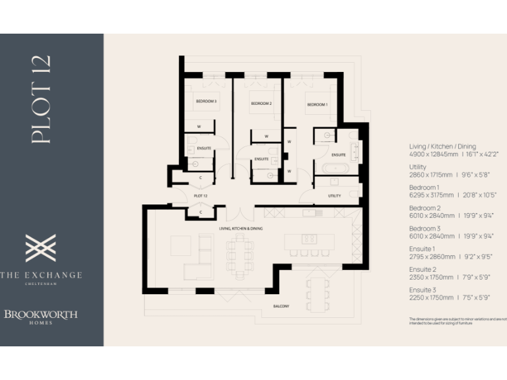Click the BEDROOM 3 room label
tap(205, 101)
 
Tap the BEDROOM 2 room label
tap(261, 104)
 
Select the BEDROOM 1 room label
tap(317, 105)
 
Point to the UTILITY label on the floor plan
tap(334, 196)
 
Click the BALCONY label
tap(281, 306)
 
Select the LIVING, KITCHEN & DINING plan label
tap(241, 228)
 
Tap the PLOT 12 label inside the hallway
tap(201, 196)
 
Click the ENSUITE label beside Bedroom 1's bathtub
tap(339, 154)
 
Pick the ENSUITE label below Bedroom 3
tap(204, 148)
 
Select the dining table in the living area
tap(240, 256)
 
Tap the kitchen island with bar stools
tap(309, 241)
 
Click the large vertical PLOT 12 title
tap(41, 100)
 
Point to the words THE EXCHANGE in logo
tap(41, 274)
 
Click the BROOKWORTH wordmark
tap(41, 314)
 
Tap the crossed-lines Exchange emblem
tap(41, 248)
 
